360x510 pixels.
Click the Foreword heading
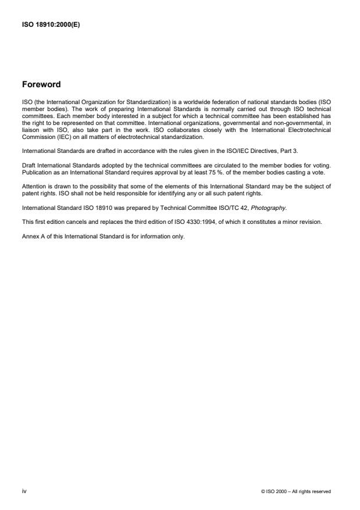[x=41, y=84]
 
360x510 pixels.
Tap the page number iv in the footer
[x=24, y=491]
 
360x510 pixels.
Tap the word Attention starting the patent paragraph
[x=34, y=187]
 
